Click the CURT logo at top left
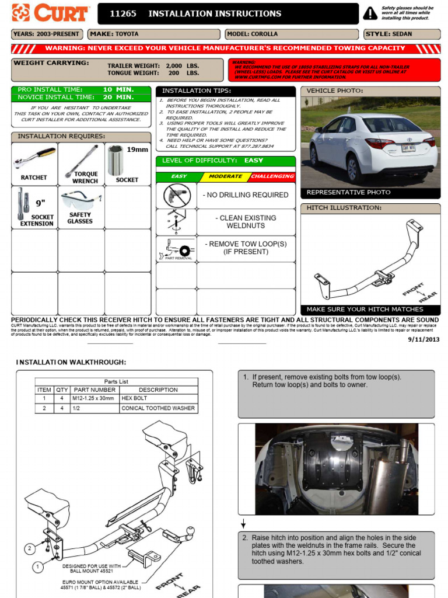(x=50, y=13)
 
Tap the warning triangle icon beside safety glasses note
(x=370, y=13)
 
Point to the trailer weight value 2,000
(x=174, y=66)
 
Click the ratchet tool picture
(x=34, y=159)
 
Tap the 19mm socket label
(x=138, y=149)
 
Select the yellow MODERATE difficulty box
(x=225, y=176)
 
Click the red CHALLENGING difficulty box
(x=272, y=176)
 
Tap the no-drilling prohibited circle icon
(x=176, y=195)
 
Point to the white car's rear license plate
(x=409, y=149)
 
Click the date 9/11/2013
(x=423, y=339)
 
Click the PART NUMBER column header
(x=94, y=390)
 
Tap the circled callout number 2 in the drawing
(x=29, y=548)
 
